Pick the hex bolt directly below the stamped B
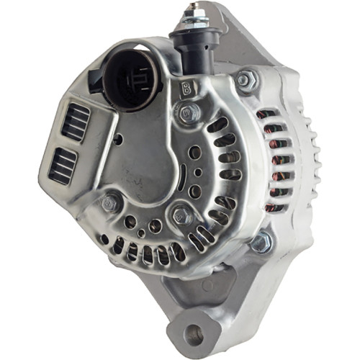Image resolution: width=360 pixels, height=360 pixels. pyautogui.click(x=189, y=112)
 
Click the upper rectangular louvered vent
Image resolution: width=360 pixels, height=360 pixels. pyautogui.click(x=76, y=121)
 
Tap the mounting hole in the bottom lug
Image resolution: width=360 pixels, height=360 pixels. pyautogui.click(x=193, y=333)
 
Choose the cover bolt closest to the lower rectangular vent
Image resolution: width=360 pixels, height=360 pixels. pyautogui.click(x=111, y=203)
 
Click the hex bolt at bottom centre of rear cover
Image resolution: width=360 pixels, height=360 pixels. pyautogui.click(x=181, y=214)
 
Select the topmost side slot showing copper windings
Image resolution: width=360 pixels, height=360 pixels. pyautogui.click(x=267, y=115)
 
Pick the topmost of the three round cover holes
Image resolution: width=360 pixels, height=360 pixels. pyautogui.click(x=196, y=152)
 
